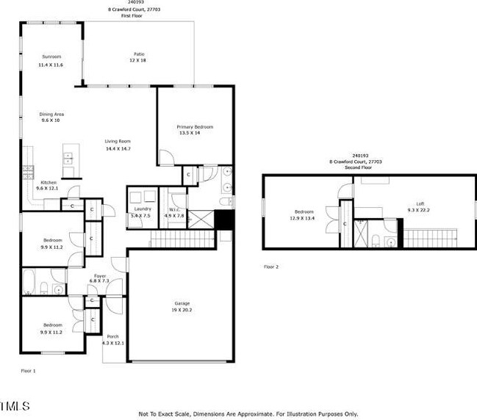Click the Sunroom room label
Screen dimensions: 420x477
point(51,57)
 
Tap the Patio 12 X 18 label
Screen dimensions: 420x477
point(138,54)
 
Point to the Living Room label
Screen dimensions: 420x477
point(117,141)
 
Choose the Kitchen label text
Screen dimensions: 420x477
point(49,182)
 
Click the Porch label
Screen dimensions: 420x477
point(112,336)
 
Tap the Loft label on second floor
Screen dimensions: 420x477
point(420,203)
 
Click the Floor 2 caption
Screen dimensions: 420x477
point(271,267)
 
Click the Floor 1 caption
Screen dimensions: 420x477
point(28,371)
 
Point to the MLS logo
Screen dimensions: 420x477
point(15,405)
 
